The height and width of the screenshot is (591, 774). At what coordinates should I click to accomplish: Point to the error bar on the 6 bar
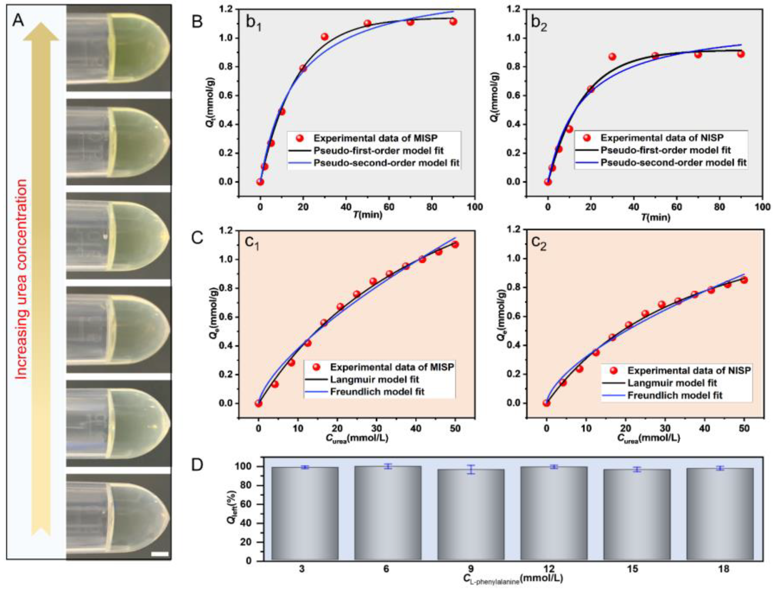tap(388, 466)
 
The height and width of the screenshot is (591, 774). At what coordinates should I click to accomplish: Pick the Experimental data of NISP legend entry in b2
tap(662, 137)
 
